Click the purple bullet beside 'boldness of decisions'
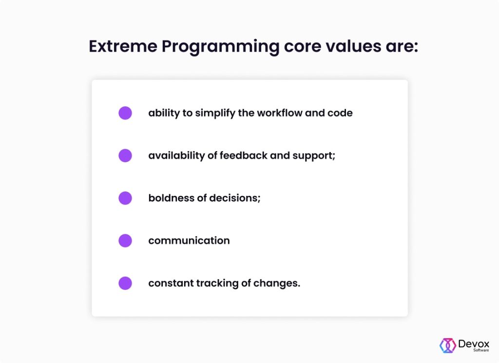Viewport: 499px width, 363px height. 125,198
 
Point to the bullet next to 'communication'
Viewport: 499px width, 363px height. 125,241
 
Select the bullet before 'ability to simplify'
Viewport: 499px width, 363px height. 125,113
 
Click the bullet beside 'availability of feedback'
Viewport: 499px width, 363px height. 125,156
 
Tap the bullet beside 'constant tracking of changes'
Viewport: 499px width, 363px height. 125,283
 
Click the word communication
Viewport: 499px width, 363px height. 189,241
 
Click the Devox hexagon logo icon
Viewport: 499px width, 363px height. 448,345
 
